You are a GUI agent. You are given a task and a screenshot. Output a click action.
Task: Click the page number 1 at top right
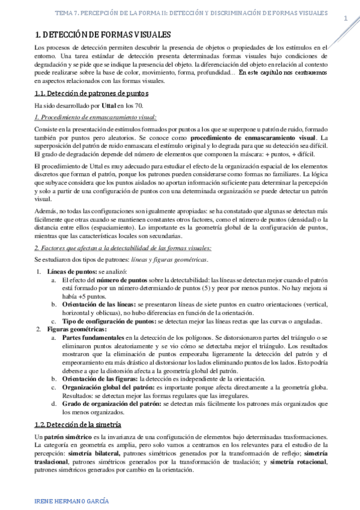tap(346, 19)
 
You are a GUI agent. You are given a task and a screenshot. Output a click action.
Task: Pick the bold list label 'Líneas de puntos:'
tap(68, 272)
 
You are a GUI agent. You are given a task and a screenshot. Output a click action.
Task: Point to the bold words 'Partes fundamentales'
tap(93, 338)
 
